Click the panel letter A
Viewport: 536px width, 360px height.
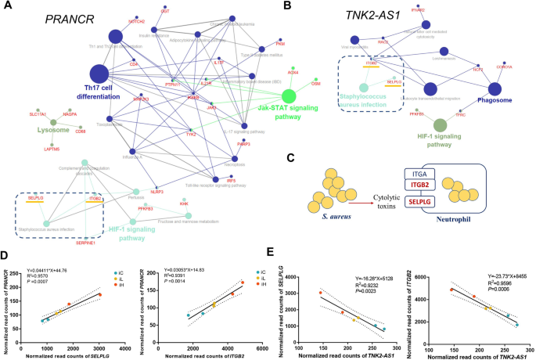tap(9, 7)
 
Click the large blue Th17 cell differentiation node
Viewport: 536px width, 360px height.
tap(99, 74)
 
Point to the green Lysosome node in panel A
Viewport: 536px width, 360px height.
tap(53, 121)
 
